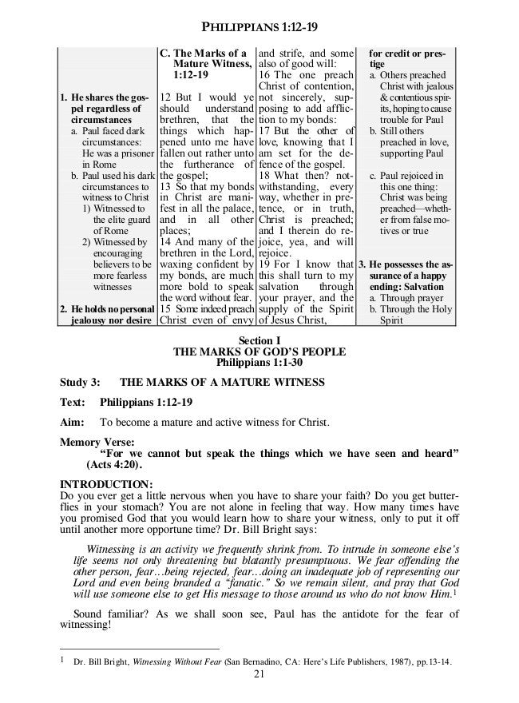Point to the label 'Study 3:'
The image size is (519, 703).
pos(80,383)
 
